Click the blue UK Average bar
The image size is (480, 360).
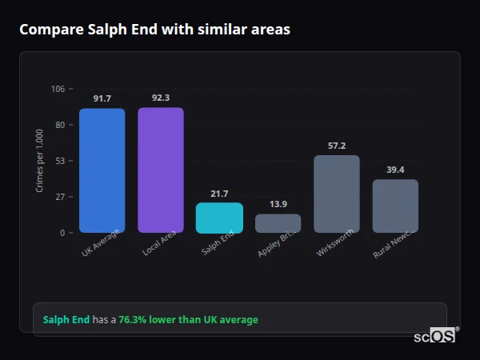(x=102, y=170)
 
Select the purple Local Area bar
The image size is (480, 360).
(x=160, y=170)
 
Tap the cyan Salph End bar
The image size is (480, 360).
(x=219, y=218)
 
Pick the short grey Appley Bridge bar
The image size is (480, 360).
(x=278, y=223)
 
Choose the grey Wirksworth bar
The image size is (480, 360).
(x=336, y=194)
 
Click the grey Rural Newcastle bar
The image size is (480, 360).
(x=395, y=206)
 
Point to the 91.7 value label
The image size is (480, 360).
(x=102, y=98)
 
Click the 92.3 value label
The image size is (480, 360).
(x=160, y=98)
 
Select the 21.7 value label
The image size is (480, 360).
(x=219, y=194)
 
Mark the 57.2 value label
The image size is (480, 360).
(x=336, y=146)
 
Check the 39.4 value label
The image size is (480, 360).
(x=395, y=170)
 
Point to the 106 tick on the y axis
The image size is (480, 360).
(x=58, y=89)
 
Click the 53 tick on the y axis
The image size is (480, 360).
(x=59, y=161)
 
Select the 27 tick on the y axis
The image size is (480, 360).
(x=59, y=197)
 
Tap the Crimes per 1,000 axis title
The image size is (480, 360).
(x=40, y=161)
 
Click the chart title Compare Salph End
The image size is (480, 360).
(x=154, y=30)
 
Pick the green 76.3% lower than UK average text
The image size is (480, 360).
(x=188, y=320)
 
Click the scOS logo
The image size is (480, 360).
(x=434, y=336)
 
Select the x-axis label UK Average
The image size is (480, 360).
(x=101, y=243)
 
